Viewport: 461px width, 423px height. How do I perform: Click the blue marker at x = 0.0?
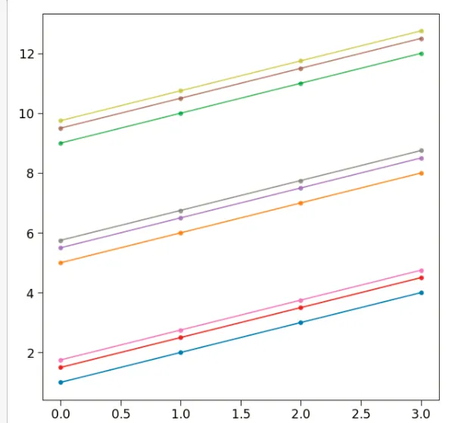(x=61, y=382)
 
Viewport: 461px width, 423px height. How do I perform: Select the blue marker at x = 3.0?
(x=421, y=293)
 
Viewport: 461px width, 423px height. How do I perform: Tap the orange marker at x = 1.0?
(x=180, y=233)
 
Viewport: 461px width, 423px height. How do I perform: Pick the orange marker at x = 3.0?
(x=421, y=173)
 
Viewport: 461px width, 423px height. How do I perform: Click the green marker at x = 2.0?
(x=301, y=83)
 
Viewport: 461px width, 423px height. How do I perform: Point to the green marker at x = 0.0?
(x=61, y=143)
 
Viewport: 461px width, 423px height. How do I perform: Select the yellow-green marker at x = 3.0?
(x=421, y=31)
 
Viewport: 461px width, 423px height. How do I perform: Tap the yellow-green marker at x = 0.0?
(x=61, y=121)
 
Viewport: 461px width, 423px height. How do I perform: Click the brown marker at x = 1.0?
(x=180, y=99)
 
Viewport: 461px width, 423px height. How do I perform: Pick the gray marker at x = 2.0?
(x=301, y=180)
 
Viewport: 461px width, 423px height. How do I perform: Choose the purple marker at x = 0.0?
(x=61, y=248)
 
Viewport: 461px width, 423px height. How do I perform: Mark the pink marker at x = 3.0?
(x=421, y=271)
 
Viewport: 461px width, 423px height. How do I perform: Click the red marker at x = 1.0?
(x=180, y=337)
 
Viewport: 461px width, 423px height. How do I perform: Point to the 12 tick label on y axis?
(x=30, y=54)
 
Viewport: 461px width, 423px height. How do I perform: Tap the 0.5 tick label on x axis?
(x=120, y=413)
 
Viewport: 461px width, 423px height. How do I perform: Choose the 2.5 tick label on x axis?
(x=360, y=413)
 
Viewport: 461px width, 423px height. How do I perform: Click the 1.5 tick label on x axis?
(x=241, y=413)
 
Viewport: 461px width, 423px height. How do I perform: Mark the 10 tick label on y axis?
(x=30, y=114)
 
